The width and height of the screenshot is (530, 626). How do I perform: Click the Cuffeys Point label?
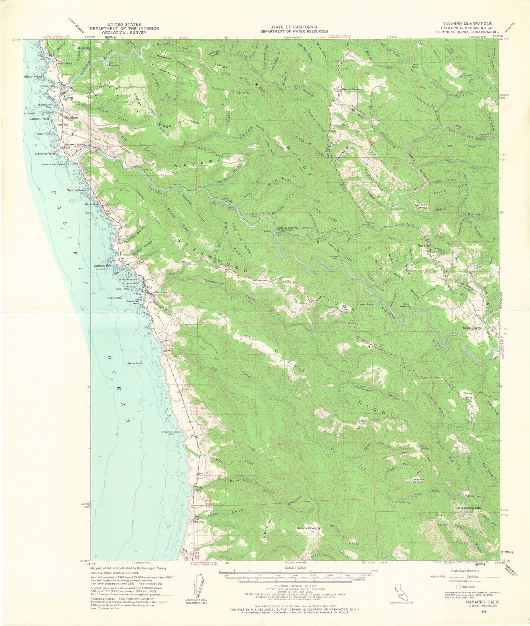104,266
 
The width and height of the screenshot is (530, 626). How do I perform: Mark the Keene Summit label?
353,89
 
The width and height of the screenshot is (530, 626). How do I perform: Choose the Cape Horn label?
364,304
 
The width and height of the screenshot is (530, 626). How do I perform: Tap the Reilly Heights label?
473,328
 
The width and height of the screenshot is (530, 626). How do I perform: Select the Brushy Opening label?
308,528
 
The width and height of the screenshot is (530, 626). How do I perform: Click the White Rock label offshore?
135,363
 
